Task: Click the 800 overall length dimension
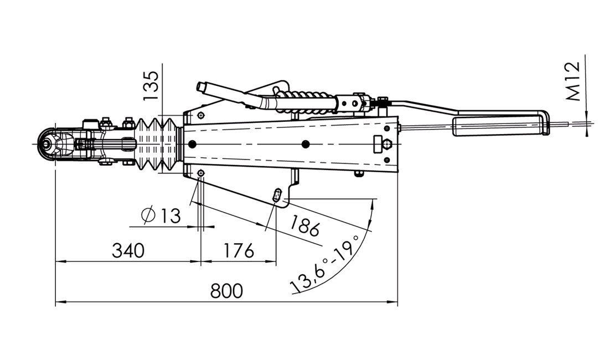click(226, 290)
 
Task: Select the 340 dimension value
click(128, 250)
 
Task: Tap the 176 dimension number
click(239, 250)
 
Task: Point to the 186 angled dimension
click(305, 225)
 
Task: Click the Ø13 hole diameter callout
click(161, 215)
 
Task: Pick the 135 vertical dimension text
click(151, 86)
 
